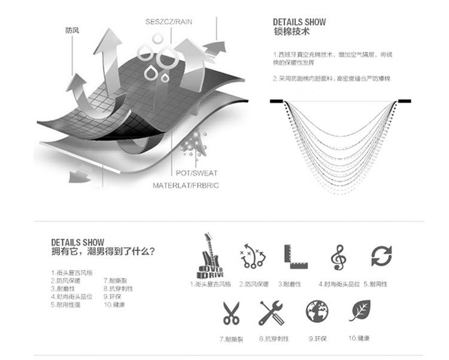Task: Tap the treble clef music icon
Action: [338, 257]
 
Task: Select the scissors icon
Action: [230, 313]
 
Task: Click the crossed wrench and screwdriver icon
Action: [272, 313]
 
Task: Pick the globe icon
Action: [317, 311]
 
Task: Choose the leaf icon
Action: [359, 311]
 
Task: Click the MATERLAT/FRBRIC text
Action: [185, 186]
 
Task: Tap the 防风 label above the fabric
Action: [72, 29]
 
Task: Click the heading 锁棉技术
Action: [290, 32]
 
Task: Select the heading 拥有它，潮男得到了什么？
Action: [103, 252]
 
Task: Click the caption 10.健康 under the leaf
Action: [359, 338]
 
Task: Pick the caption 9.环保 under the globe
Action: [317, 338]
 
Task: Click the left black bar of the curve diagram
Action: [277, 101]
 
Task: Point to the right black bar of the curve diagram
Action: [404, 101]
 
